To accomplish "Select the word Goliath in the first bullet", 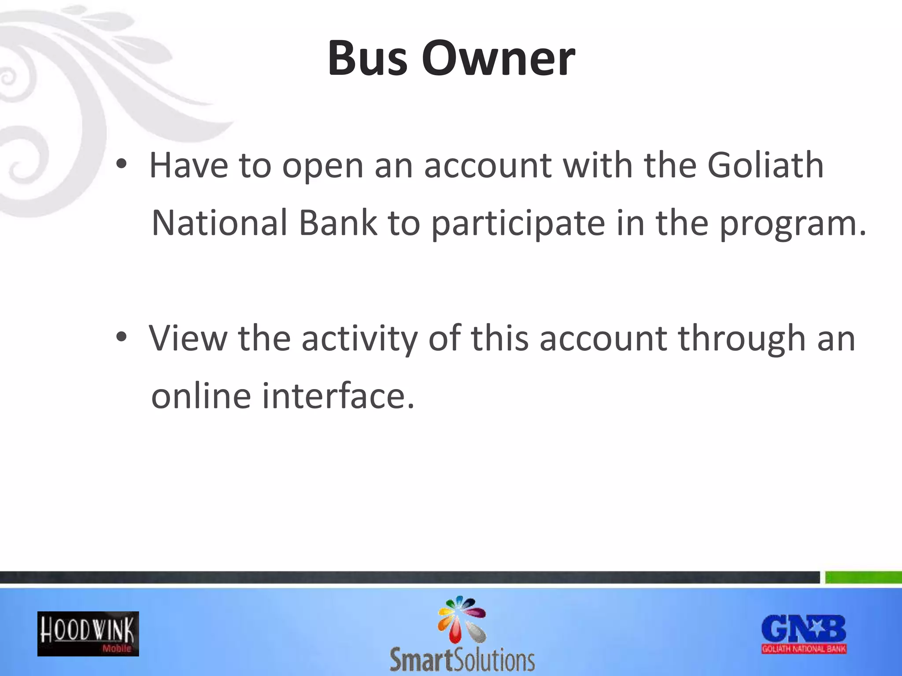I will click(x=765, y=165).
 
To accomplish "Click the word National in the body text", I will click(x=219, y=223).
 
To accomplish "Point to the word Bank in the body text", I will click(x=338, y=223).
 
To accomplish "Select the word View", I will click(x=189, y=338).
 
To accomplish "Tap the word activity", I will click(x=359, y=339).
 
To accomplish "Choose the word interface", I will click(x=338, y=395).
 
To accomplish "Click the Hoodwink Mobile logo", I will click(x=88, y=634).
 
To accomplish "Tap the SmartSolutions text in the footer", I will click(x=462, y=660).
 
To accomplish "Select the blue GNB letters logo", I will click(x=804, y=629).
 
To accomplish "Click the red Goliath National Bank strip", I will click(x=804, y=649).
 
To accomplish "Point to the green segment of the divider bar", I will click(x=863, y=577).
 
